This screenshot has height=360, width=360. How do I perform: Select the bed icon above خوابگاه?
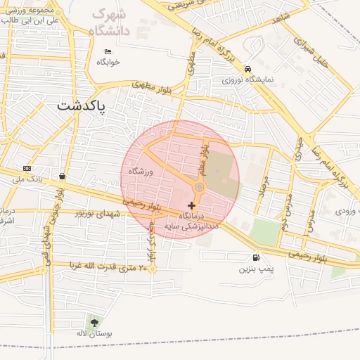[108, 51]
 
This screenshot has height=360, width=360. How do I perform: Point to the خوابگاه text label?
[108, 62]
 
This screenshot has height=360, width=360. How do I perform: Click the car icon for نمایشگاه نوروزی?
[247, 69]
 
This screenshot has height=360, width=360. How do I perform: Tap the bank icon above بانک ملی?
[27, 168]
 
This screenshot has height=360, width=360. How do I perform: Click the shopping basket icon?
[63, 176]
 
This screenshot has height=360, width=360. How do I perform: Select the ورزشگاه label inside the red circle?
[141, 172]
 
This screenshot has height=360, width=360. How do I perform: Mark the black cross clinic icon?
[192, 205]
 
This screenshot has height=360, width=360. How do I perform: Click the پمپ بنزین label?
[254, 269]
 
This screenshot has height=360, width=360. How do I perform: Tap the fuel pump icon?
[254, 257]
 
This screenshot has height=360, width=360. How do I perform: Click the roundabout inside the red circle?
[200, 187]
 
